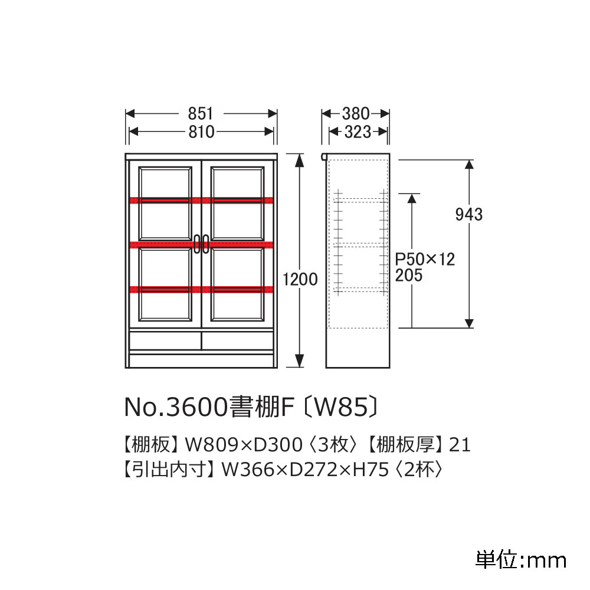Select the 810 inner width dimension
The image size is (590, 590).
coord(201,132)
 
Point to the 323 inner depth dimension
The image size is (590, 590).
coord(357,132)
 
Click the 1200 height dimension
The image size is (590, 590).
coord(300,279)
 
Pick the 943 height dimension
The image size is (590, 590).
coord(469,214)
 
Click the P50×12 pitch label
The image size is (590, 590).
coord(425,260)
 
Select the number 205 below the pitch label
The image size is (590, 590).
coord(409,276)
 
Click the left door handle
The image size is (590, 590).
coord(196,244)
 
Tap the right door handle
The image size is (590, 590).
coord(206,244)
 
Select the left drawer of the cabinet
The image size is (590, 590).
coord(165,340)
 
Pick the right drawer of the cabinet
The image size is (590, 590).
coord(237,340)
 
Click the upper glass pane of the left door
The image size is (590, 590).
coord(165,183)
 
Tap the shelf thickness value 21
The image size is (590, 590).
coord(460,444)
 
